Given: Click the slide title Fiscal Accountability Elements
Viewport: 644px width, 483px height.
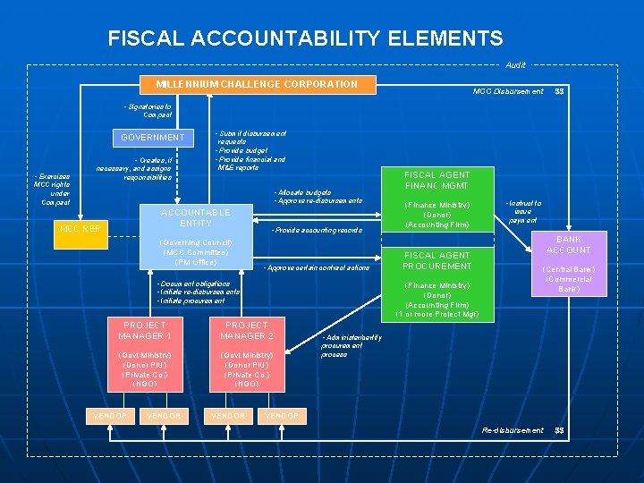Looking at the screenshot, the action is tap(305, 38).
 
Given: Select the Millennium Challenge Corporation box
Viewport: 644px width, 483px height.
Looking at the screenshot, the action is tap(257, 84).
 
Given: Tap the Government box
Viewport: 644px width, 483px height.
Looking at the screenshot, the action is tap(153, 138).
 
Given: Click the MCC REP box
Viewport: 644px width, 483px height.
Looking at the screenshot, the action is tap(80, 228).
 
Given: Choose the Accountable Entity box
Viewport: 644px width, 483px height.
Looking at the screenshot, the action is tap(195, 217).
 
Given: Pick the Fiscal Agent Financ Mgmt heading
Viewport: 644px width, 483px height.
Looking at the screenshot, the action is tap(437, 181).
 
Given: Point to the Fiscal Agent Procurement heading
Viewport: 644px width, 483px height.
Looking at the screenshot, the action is tap(437, 260).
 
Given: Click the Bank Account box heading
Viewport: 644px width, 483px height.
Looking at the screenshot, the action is tap(569, 245).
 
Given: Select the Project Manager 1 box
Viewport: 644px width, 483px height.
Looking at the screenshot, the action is tap(146, 330).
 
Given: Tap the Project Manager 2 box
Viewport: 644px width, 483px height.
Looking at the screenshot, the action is tap(247, 330).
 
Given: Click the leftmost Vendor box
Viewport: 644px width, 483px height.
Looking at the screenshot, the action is tap(110, 416).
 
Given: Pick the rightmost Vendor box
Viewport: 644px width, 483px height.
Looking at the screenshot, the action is tap(283, 416).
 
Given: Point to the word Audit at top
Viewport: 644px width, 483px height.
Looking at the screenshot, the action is tap(515, 64).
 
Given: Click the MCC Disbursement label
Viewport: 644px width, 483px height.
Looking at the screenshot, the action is tap(508, 91).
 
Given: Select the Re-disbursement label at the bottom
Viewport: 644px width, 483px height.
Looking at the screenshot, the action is tap(513, 430).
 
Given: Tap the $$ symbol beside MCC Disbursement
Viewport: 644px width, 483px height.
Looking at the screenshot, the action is tap(560, 91).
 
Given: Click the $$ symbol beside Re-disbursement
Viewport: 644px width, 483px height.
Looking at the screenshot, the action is tap(560, 430).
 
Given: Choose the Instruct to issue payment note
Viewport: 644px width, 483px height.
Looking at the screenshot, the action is tap(522, 211).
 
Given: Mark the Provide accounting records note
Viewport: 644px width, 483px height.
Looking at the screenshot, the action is tap(317, 231).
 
